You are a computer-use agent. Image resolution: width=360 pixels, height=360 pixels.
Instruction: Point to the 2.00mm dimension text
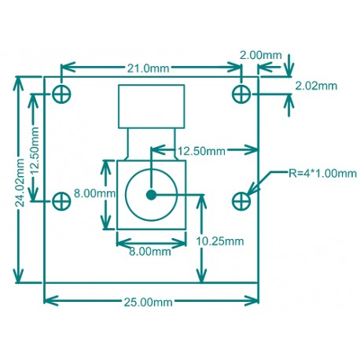tap(261, 56)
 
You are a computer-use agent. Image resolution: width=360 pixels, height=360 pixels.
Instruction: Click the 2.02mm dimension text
tap(316, 85)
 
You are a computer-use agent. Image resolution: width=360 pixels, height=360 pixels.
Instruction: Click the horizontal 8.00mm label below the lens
tap(149, 252)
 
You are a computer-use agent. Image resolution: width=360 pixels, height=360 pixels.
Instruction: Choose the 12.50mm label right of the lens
tap(202, 150)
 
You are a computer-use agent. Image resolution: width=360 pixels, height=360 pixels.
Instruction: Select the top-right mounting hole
tap(241, 94)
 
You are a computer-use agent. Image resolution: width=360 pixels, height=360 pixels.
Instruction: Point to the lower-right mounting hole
tap(241, 201)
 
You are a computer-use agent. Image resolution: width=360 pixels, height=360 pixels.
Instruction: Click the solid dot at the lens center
tap(150, 193)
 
